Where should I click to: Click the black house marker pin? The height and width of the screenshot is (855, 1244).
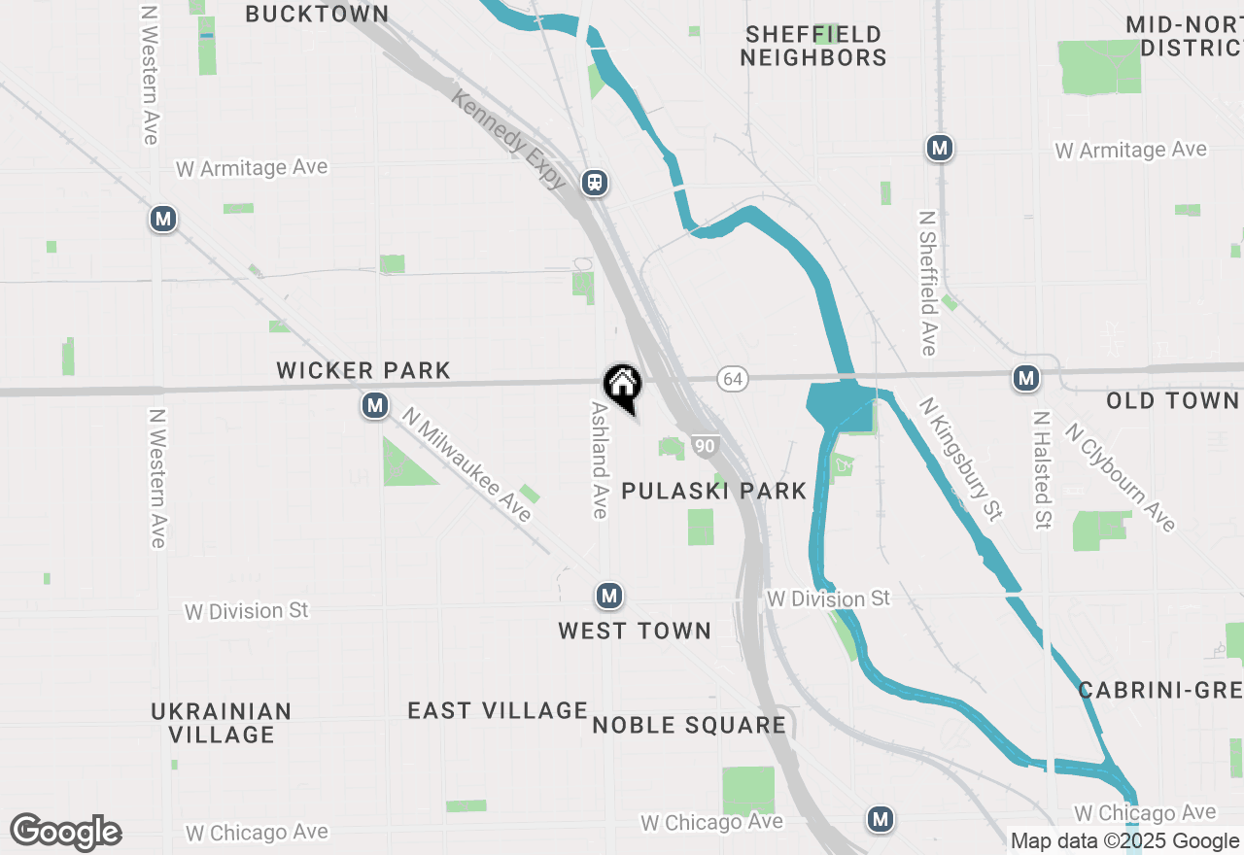coord(622,385)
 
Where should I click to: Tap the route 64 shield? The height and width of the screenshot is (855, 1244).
coord(733,379)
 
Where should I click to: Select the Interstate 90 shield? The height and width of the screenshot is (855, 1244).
coord(706,446)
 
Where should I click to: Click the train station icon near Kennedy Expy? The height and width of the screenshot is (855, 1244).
coord(595,182)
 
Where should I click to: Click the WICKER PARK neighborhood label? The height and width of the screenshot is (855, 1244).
coord(363,370)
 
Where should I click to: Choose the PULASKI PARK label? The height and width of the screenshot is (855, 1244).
coord(714,491)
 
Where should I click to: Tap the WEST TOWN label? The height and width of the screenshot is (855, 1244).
coord(635,631)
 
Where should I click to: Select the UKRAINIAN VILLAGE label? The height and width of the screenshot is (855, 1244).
coord(222,723)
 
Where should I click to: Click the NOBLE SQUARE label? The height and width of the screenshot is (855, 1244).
coord(689,725)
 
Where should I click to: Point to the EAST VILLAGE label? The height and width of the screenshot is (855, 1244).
coord(498,711)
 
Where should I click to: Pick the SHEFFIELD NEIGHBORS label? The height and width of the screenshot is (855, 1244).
coord(813,46)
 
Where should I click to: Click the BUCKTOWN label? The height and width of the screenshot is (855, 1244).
coord(317,14)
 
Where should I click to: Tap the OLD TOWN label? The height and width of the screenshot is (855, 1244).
coord(1172,400)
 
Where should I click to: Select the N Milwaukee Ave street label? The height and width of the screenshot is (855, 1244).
coord(467,463)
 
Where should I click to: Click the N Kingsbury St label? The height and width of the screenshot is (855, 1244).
coord(960,458)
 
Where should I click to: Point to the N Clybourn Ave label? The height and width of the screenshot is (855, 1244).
coord(1121,477)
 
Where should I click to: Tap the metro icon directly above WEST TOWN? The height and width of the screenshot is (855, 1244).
coord(609,595)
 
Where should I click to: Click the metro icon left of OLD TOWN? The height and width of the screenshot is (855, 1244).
coord(1025,378)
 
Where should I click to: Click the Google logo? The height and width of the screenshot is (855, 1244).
coord(65,832)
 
